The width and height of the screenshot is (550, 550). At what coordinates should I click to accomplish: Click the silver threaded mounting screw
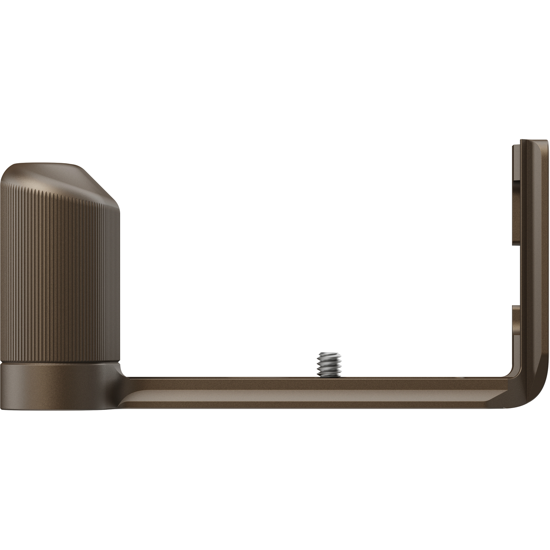point(328,364)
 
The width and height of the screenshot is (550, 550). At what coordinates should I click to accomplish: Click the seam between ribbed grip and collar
point(59,363)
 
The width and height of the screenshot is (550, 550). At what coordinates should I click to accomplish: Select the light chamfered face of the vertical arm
point(532,257)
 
